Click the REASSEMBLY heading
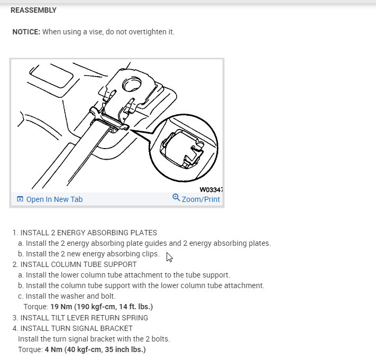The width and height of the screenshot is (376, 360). pos(33,10)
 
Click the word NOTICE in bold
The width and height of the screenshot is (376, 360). pos(26,32)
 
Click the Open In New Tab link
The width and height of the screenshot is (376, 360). pos(54,199)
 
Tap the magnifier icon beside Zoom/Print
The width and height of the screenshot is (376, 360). pos(176,198)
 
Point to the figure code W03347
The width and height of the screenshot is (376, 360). pos(211,189)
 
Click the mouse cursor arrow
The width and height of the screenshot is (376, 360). pos(169,257)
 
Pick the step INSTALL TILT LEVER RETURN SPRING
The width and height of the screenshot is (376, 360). pos(84,318)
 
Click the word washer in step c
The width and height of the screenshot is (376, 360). pos(67,296)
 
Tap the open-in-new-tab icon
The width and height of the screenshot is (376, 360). pos(20,199)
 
